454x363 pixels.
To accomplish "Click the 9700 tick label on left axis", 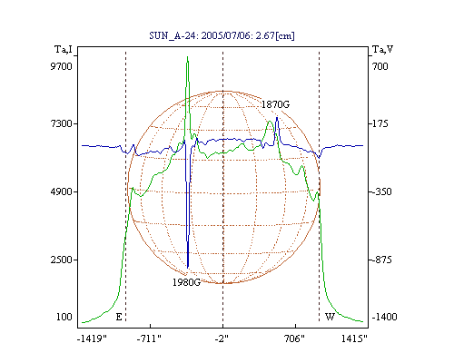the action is (x=61, y=66).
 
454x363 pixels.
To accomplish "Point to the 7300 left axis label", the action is (x=61, y=123).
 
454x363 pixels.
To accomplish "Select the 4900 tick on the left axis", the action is (x=61, y=191).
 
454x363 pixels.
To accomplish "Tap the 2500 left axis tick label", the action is (x=61, y=260).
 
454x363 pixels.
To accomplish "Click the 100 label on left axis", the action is (x=64, y=317).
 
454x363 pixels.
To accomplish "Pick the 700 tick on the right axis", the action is (x=380, y=66).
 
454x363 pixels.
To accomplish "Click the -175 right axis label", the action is (x=380, y=123).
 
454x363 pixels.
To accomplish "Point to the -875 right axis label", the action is (x=381, y=260).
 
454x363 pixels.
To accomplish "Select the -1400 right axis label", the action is (x=384, y=317).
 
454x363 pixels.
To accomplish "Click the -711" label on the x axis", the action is (x=149, y=338).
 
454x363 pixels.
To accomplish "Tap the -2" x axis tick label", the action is (x=222, y=338).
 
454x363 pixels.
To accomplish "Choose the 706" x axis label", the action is (x=294, y=338).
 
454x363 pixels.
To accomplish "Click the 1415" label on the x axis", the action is (x=354, y=338).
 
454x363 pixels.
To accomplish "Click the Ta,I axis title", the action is (x=64, y=49).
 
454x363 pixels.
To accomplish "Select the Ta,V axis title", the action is (x=383, y=49).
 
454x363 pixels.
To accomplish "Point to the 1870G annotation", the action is (x=275, y=104).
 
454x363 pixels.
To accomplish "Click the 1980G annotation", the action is (x=186, y=282).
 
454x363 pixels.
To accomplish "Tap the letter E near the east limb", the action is (x=119, y=317).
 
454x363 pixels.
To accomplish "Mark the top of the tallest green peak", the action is (x=188, y=56).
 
